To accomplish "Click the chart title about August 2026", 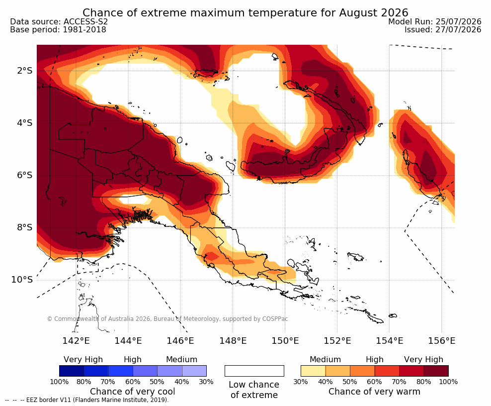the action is pyautogui.click(x=245, y=12).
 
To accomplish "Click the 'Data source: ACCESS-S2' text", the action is pyautogui.click(x=59, y=21).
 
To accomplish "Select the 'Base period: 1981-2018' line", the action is pyautogui.click(x=58, y=29).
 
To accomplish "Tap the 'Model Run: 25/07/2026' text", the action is pyautogui.click(x=435, y=21).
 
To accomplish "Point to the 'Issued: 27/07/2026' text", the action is pyautogui.click(x=443, y=29).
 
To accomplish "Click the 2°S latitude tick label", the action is pyautogui.click(x=25, y=71).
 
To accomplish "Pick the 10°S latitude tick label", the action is pyautogui.click(x=22, y=279).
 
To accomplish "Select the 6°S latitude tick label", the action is pyautogui.click(x=25, y=175).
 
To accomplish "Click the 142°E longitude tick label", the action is pyautogui.click(x=76, y=340).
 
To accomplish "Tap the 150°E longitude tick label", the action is pyautogui.click(x=285, y=340).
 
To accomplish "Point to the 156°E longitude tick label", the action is pyautogui.click(x=441, y=340).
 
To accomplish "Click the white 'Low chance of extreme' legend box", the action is pyautogui.click(x=254, y=371).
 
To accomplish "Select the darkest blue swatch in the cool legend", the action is pyautogui.click(x=72, y=371).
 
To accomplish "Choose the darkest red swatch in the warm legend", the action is pyautogui.click(x=436, y=371).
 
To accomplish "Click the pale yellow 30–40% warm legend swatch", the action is pyautogui.click(x=313, y=371).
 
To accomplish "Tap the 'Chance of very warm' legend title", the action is pyautogui.click(x=374, y=392).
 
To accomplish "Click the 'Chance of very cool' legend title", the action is pyautogui.click(x=133, y=392).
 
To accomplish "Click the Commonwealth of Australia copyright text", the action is pyautogui.click(x=167, y=319).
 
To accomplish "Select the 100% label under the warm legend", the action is pyautogui.click(x=448, y=382).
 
